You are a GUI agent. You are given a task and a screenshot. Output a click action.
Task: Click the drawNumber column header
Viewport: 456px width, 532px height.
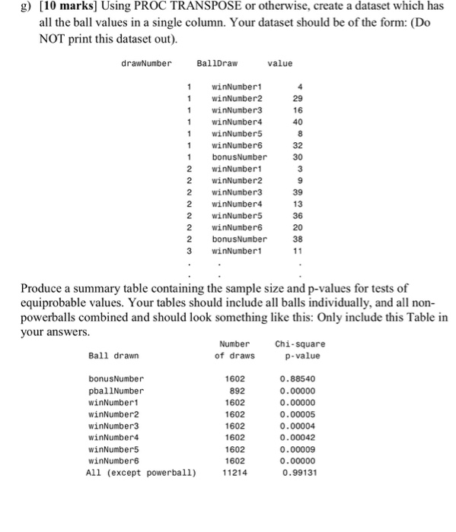[x=147, y=63]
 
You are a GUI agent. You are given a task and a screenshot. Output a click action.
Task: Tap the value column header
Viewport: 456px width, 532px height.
[x=280, y=63]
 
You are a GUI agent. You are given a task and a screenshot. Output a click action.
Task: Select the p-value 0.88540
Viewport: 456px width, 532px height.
[x=298, y=378]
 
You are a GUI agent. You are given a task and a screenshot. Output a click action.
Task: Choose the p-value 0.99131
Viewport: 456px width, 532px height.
[x=298, y=472]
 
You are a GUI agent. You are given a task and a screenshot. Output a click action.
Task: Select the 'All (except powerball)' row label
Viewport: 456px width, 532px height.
[x=142, y=472]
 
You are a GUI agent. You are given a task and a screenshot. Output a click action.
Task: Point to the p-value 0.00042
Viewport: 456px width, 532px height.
[x=298, y=437]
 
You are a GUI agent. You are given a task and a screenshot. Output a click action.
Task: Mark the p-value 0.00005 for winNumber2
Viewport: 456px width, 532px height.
[x=298, y=413]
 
